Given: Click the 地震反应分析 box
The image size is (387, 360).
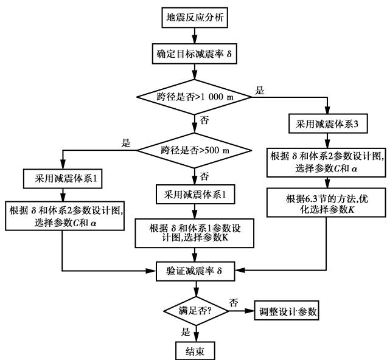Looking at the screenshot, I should [194, 16].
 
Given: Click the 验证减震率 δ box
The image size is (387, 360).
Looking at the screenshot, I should [194, 269].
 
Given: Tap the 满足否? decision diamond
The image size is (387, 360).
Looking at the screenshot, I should [194, 311].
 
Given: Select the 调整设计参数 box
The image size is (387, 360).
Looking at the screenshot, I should [288, 311].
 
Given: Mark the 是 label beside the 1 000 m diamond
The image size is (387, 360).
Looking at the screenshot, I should [260, 90].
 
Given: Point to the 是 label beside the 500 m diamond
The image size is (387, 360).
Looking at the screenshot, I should [127, 144].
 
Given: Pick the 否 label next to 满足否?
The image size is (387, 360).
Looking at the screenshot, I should [233, 302].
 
